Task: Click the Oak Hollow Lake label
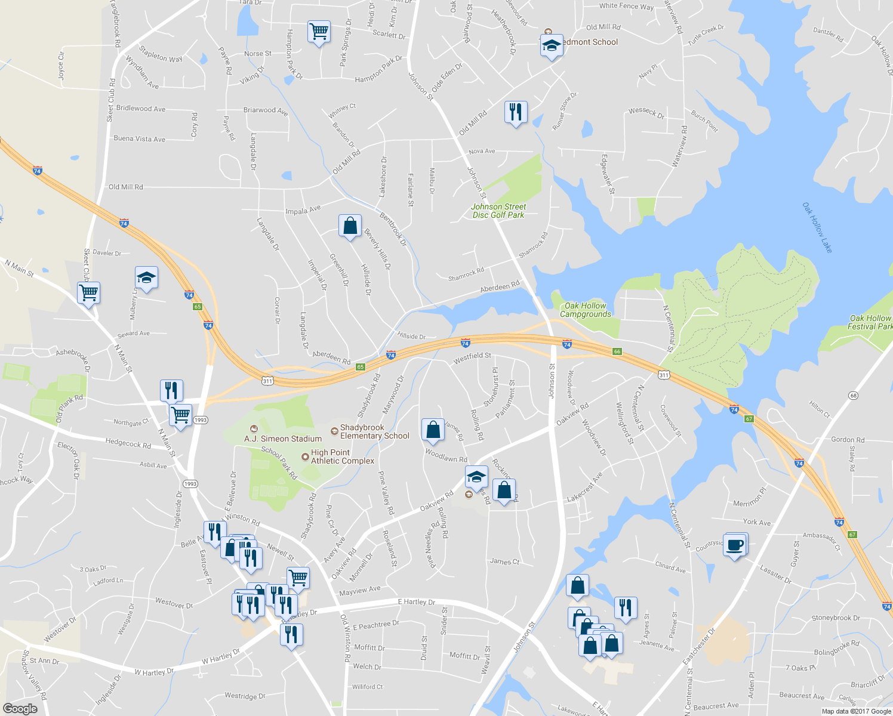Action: [x=817, y=227]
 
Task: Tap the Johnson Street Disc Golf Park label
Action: [x=498, y=211]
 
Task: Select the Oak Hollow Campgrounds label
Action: [x=585, y=310]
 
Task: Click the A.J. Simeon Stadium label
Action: [x=283, y=439]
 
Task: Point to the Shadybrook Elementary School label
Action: [x=374, y=431]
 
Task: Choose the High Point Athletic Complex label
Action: [x=342, y=456]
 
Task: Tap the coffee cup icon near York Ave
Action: [x=735, y=545]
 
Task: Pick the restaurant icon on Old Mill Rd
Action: [x=515, y=112]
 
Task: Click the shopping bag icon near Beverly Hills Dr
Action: [x=350, y=226]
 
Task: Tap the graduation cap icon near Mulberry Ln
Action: [x=146, y=277]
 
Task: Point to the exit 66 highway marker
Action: [x=617, y=351]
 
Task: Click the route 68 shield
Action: [x=854, y=396]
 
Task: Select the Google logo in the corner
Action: [x=20, y=708]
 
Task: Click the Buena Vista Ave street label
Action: [x=140, y=139]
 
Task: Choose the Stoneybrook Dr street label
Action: [x=836, y=618]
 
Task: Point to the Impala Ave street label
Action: [x=303, y=210]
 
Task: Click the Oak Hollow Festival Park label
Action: [x=870, y=322]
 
